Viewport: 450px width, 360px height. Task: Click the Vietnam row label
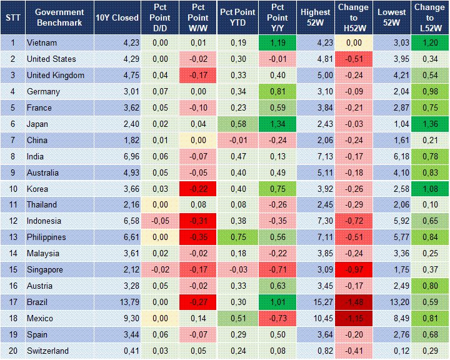[41, 43]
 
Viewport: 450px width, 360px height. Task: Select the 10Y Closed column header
[117, 17]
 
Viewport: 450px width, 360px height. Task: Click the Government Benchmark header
[59, 17]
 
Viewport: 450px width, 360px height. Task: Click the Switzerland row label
[47, 351]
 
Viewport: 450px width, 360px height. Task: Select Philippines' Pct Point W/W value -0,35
[198, 237]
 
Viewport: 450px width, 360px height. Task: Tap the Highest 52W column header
[315, 17]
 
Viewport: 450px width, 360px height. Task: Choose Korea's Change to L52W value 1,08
[429, 189]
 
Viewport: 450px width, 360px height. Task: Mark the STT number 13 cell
[12, 237]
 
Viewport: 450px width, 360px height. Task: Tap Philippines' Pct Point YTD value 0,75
[237, 237]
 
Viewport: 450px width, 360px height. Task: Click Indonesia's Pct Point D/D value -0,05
[160, 221]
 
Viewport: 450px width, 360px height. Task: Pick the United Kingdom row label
[56, 76]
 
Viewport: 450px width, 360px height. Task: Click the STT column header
[12, 17]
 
